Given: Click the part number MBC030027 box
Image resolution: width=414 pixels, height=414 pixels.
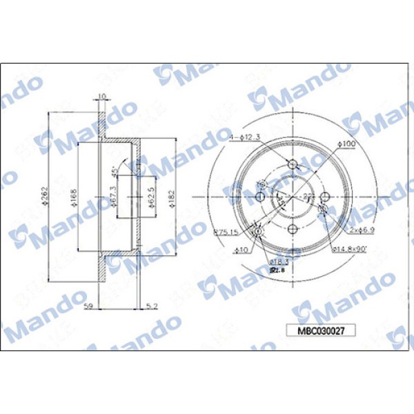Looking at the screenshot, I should (x=321, y=331).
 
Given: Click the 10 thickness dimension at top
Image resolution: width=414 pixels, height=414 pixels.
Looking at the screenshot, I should (x=102, y=96).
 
